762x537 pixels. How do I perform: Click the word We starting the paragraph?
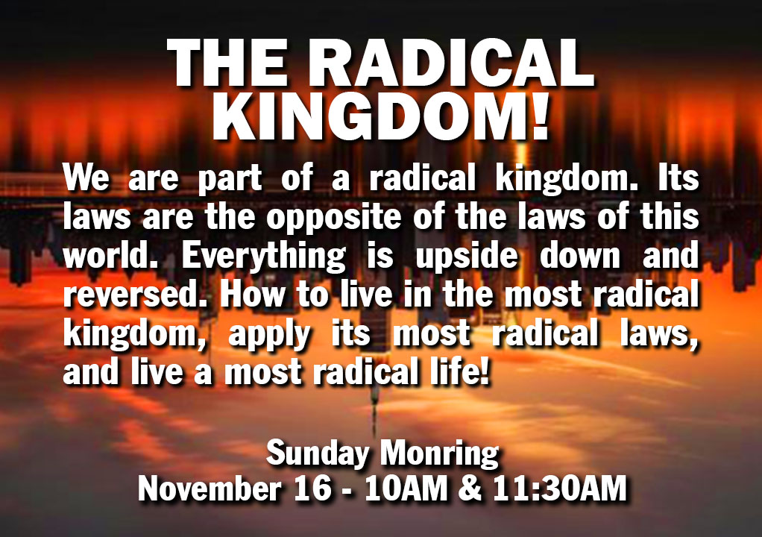click(86, 178)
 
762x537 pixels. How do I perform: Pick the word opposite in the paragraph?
click(333, 218)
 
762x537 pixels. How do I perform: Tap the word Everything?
click(264, 257)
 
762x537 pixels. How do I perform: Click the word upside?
click(467, 257)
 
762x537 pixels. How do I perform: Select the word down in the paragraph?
click(580, 255)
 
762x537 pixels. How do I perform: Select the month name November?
click(210, 488)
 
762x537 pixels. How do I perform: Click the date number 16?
click(313, 488)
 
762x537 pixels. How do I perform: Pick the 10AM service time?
click(406, 488)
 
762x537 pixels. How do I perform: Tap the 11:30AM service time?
click(559, 488)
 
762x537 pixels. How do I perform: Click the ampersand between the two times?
click(470, 488)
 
